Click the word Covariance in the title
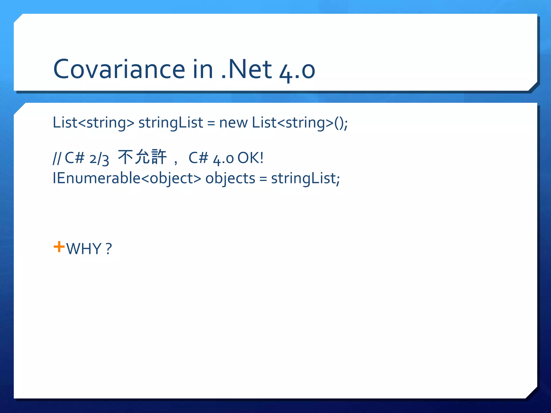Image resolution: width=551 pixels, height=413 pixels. point(119,69)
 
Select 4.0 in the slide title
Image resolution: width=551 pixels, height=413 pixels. point(297,70)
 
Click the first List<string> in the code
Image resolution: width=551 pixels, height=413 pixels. point(93,123)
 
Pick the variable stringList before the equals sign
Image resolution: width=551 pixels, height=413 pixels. point(171,123)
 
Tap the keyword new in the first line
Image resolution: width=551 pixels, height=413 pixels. point(233,123)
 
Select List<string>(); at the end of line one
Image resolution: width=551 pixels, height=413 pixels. point(300,123)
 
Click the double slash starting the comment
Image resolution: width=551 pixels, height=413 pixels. point(57,158)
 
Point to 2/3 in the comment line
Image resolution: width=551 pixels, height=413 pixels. point(99,159)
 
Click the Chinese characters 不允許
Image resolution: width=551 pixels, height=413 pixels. point(142,157)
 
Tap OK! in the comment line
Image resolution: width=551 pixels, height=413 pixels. point(250,158)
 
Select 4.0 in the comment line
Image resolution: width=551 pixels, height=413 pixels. point(223,159)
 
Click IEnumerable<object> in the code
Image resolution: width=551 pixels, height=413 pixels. point(127,178)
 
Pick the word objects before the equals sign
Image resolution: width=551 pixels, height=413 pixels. point(230,178)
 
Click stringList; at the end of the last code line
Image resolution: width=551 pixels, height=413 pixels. point(305,178)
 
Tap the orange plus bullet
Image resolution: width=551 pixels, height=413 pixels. point(59,247)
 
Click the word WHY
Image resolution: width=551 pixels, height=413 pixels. point(84,249)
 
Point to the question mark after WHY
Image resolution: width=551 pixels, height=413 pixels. point(108,249)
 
